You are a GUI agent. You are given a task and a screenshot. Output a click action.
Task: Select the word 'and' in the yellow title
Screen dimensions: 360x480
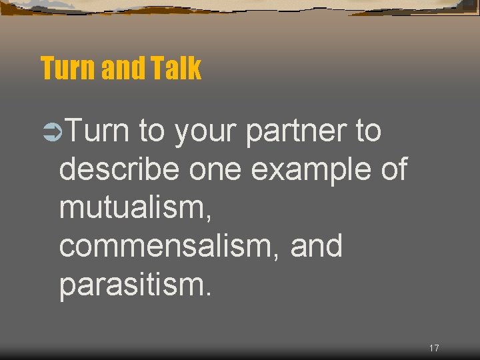click(x=121, y=68)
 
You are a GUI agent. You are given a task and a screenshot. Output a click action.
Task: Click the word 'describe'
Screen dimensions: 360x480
click(x=119, y=169)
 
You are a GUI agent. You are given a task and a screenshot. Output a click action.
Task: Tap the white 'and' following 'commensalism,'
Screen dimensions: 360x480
click(x=317, y=246)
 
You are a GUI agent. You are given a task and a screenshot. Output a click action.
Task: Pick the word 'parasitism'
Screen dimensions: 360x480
click(x=131, y=284)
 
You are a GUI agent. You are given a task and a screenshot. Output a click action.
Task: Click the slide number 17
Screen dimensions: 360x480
click(x=434, y=348)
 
